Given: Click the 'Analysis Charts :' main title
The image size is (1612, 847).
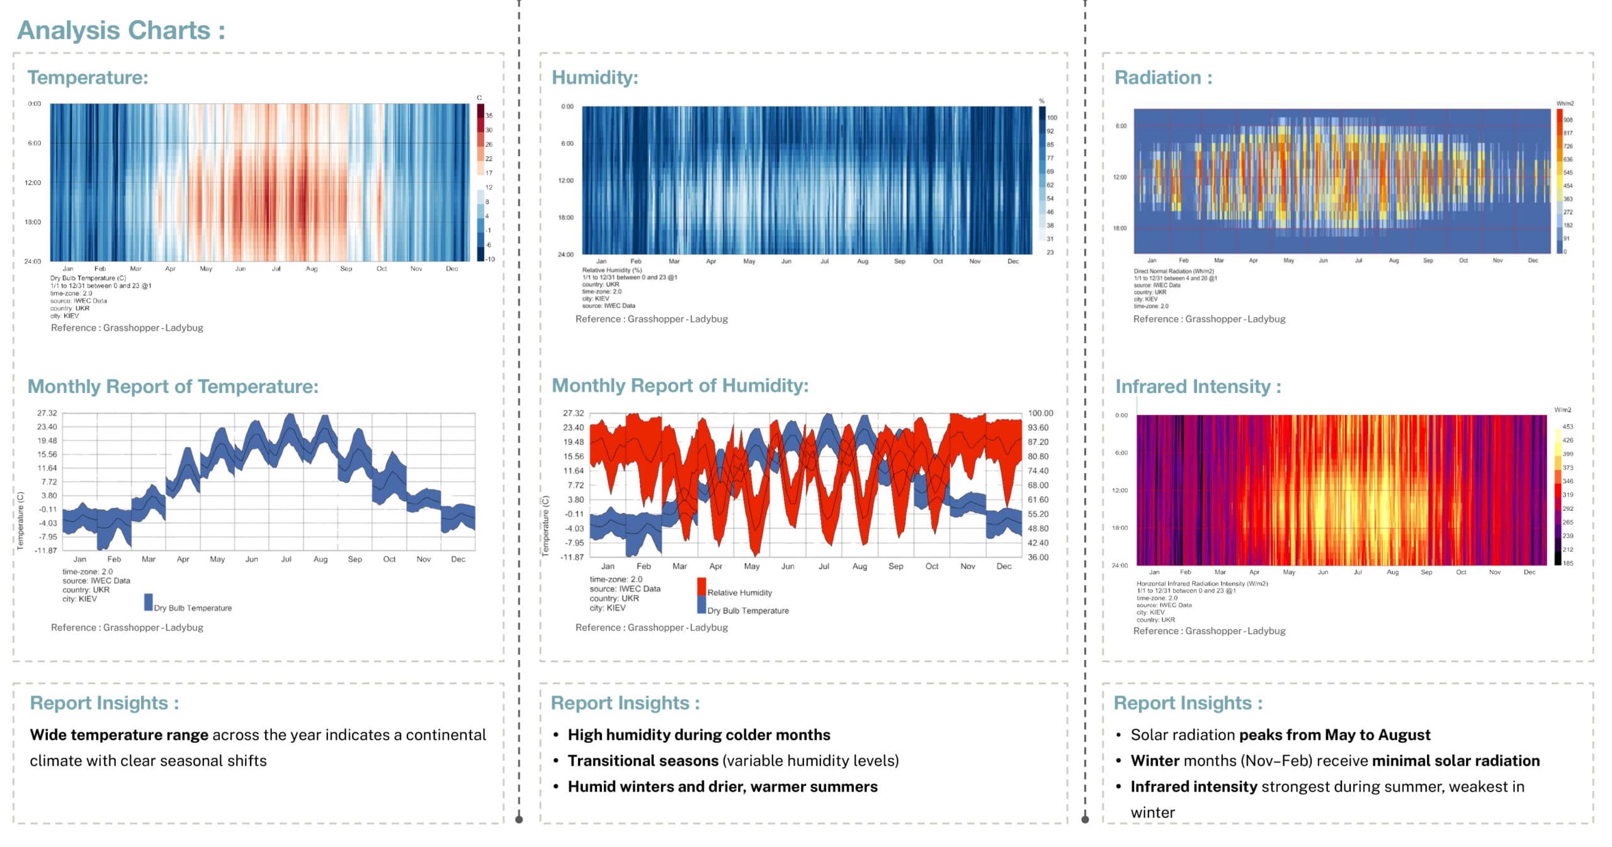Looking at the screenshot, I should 121,30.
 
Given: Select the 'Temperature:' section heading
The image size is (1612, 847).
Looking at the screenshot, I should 88,77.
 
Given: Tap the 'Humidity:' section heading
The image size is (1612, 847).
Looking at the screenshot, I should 594,77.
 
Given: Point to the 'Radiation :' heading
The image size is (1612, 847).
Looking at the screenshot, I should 1162,77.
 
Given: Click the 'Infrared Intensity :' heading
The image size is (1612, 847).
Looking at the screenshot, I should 1198,386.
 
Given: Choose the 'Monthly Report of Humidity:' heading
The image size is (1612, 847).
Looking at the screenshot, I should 679,385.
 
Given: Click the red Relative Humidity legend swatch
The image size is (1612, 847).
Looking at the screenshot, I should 701,586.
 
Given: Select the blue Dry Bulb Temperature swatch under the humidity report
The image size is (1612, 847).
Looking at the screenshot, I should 701,605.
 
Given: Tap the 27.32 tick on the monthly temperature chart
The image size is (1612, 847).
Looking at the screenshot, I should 47,413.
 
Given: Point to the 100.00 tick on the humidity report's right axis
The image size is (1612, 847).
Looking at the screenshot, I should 1040,413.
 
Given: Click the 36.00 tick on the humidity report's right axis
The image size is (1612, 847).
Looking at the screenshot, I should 1038,557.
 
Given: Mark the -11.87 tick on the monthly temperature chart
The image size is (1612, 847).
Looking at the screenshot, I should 45,550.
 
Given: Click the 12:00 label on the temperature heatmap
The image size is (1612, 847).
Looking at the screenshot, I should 33,183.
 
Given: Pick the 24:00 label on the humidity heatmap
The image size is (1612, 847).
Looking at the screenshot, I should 565,254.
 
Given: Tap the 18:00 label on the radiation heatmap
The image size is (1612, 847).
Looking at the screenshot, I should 1120,228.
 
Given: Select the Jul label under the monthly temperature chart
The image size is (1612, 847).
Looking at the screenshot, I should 286,559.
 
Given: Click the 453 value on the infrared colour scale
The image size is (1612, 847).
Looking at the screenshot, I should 1567,426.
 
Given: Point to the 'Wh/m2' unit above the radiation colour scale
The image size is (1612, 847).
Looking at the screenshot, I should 1565,103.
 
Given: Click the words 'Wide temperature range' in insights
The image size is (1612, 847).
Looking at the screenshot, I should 119,735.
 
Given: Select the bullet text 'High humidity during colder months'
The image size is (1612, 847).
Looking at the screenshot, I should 698,735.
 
